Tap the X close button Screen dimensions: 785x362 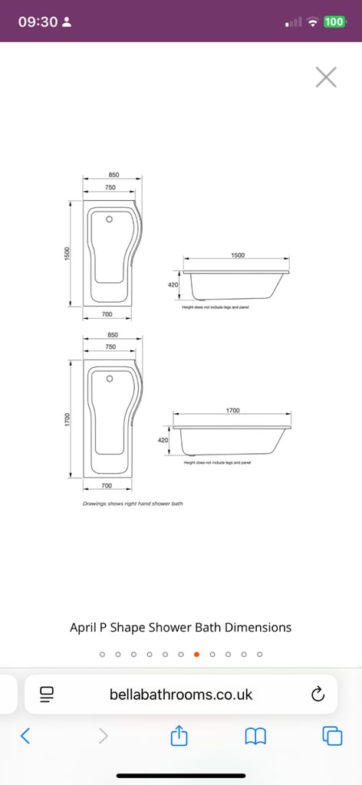tap(326, 77)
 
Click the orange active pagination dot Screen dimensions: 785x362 tap(196, 654)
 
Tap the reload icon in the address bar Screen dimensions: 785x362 tap(318, 695)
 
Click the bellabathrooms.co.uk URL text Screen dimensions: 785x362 tap(181, 695)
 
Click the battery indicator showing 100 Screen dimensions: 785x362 tap(334, 21)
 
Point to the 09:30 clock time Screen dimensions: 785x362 tap(38, 21)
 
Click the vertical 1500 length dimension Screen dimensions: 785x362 tap(67, 252)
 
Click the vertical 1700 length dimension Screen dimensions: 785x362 tap(67, 419)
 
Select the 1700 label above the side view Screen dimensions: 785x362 tap(232, 410)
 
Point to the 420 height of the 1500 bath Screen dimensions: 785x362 tap(173, 284)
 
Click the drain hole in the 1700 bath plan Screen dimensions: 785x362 tap(110, 378)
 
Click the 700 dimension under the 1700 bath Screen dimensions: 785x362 tap(107, 486)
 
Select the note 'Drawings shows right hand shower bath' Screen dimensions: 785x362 tap(133, 504)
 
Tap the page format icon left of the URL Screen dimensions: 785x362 tap(47, 695)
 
